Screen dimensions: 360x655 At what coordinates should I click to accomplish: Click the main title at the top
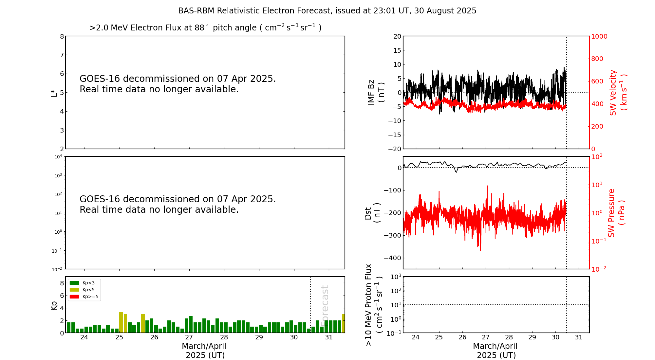click(327, 11)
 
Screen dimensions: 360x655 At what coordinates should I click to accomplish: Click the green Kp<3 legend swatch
click(74, 283)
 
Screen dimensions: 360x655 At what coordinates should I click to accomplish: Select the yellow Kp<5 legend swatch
click(74, 290)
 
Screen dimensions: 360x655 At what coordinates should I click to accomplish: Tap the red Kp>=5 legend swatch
click(74, 297)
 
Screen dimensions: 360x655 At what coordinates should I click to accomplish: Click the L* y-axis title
click(54, 93)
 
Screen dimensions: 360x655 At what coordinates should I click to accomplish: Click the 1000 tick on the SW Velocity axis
click(599, 36)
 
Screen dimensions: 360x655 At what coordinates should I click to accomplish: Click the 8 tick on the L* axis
click(62, 36)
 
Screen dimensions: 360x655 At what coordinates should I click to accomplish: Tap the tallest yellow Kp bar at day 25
click(121, 323)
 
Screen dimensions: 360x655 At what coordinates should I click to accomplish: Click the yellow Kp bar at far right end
click(343, 324)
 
